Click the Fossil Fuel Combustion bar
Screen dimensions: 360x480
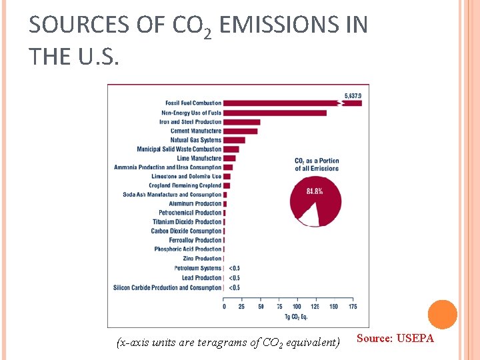(x=280, y=103)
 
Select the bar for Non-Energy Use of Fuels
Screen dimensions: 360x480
(x=275, y=113)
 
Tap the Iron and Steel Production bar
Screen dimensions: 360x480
(x=241, y=122)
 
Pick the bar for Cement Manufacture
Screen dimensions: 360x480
(x=240, y=131)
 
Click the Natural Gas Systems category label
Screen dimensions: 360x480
(x=195, y=140)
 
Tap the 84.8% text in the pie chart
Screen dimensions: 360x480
(x=315, y=191)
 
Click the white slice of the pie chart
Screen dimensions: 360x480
(x=307, y=215)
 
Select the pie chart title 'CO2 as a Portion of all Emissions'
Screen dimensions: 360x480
(x=317, y=165)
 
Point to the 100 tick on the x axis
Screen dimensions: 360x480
(x=297, y=307)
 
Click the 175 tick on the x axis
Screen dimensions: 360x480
(x=352, y=307)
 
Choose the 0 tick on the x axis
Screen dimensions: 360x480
(x=224, y=307)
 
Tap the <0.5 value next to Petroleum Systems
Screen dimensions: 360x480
(x=234, y=269)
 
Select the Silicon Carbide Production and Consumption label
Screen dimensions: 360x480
(x=167, y=287)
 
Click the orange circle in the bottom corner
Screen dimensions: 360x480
(x=442, y=315)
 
